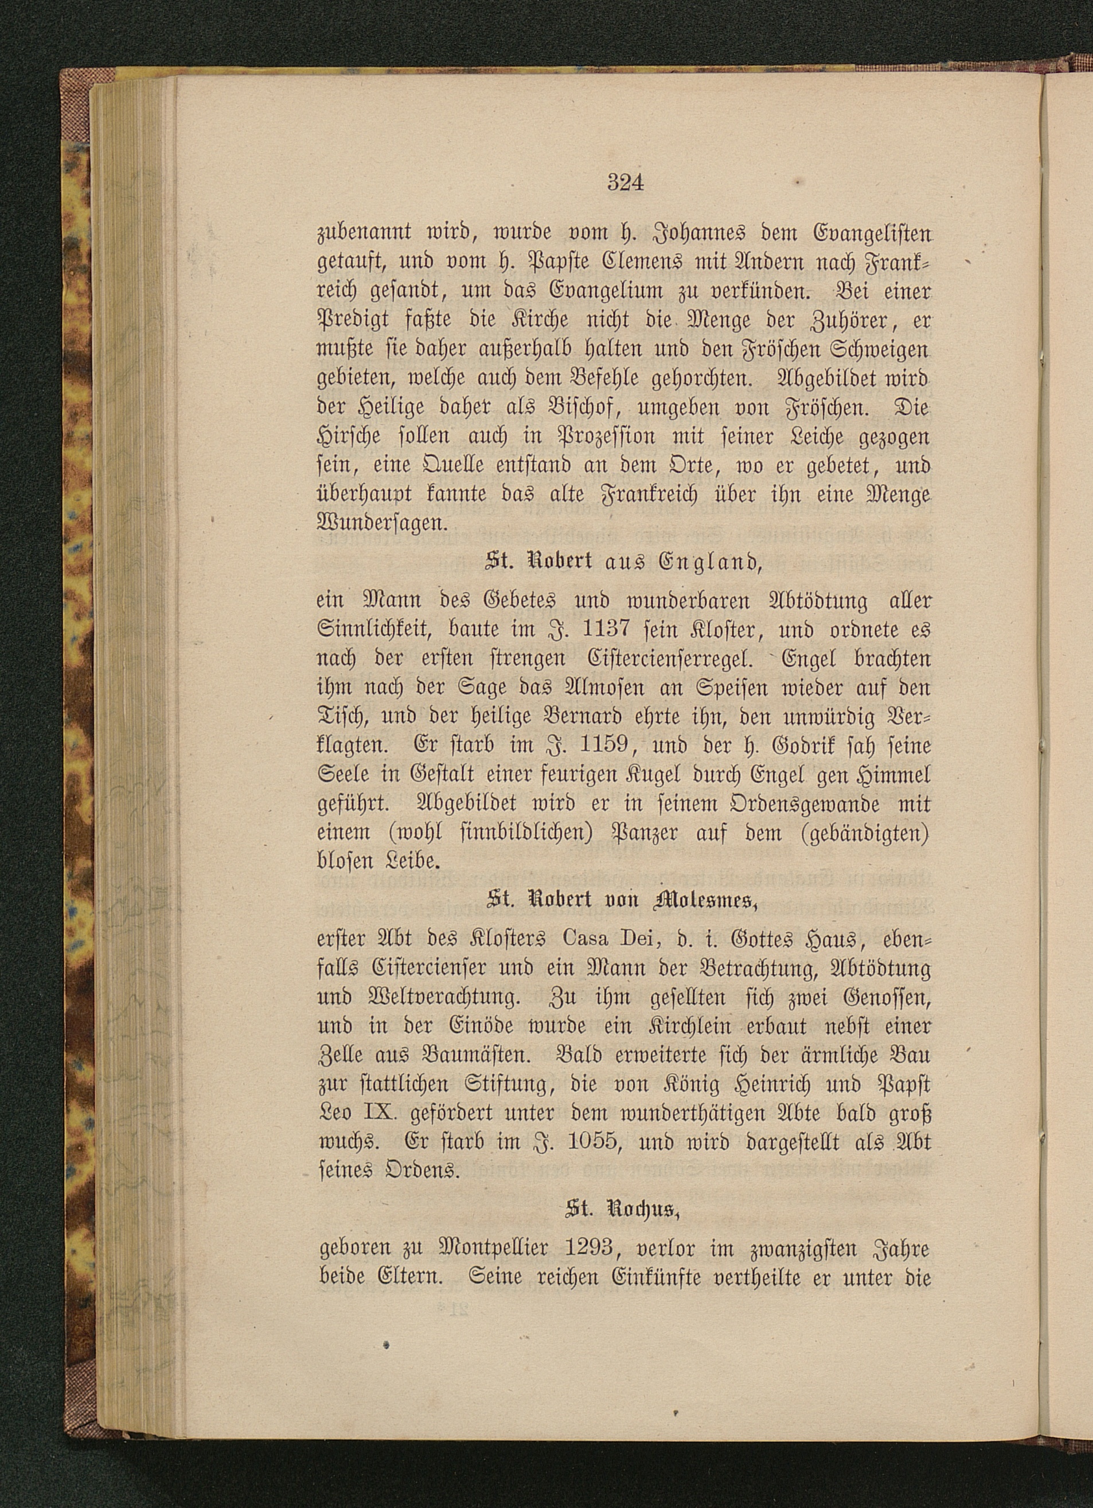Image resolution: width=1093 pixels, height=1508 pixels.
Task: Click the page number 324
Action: pos(625,182)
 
